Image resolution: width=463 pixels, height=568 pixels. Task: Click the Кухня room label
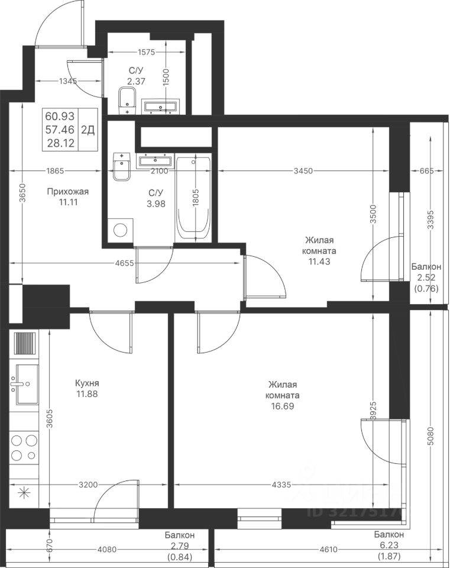(x=87, y=383)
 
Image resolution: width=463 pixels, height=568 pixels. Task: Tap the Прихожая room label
(x=68, y=192)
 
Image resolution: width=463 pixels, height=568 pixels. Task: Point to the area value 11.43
(x=320, y=261)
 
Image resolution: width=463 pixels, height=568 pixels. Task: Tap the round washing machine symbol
(x=120, y=230)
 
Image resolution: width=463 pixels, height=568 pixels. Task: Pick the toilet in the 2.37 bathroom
(x=127, y=101)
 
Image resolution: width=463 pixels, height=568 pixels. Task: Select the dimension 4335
(x=281, y=485)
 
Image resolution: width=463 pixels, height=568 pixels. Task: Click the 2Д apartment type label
(x=88, y=130)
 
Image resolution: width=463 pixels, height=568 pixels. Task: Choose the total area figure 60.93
(x=60, y=117)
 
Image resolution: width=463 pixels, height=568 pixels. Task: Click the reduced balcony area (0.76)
(x=426, y=289)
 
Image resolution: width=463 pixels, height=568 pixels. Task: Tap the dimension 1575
(x=146, y=52)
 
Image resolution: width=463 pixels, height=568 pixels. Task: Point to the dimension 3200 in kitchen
(x=88, y=485)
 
